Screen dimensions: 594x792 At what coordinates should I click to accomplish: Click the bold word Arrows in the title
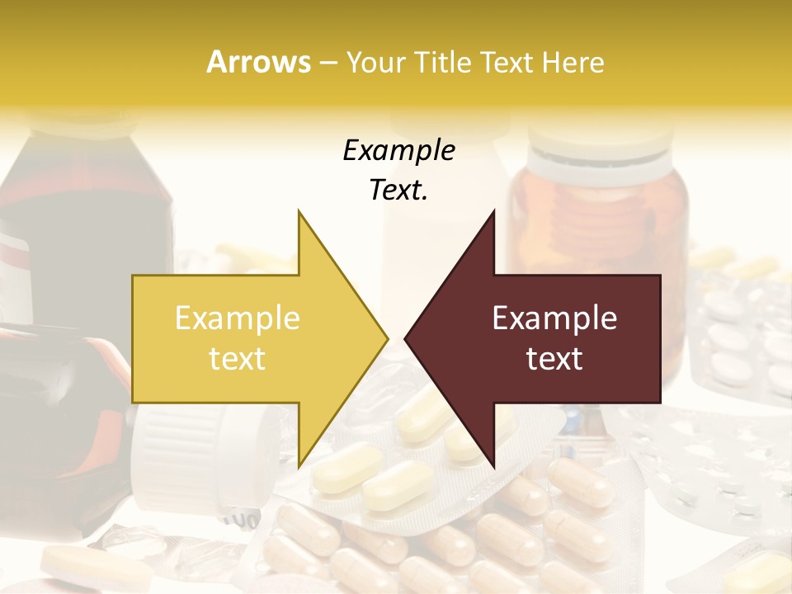(258, 62)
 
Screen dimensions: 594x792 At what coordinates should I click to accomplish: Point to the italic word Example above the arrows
(398, 150)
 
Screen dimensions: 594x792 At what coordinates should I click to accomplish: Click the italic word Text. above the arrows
(398, 191)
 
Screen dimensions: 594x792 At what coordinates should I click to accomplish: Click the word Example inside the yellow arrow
(238, 318)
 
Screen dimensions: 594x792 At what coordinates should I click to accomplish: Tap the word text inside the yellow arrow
(238, 359)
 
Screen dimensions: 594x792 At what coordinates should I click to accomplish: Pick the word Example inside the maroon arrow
(554, 318)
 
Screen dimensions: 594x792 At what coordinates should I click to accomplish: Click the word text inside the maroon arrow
(554, 359)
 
